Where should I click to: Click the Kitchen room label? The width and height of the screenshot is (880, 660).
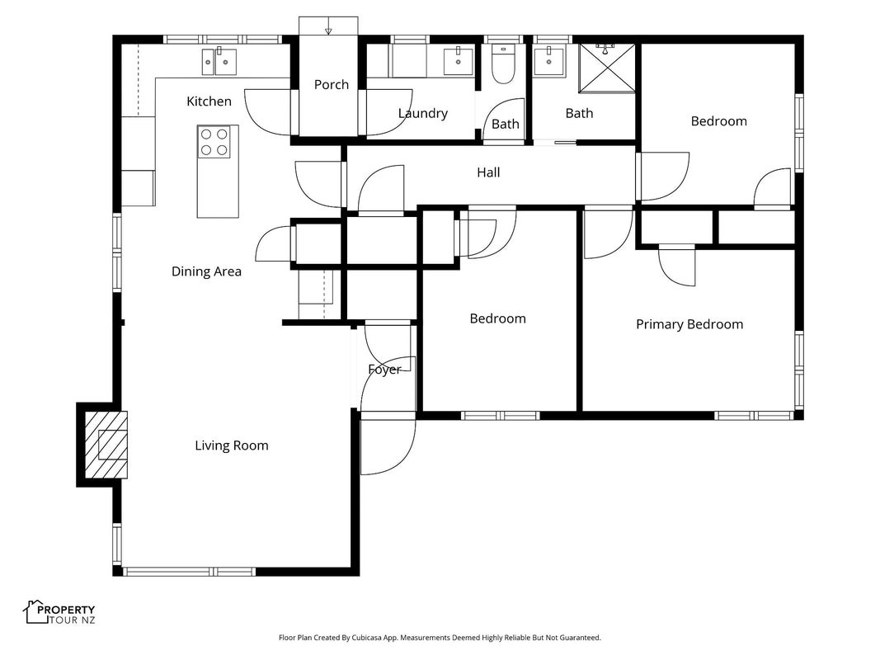tap(209, 101)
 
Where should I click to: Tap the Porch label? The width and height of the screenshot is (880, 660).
tap(331, 84)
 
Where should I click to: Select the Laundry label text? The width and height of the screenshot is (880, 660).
tap(422, 113)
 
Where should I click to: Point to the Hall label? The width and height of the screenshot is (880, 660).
tap(488, 172)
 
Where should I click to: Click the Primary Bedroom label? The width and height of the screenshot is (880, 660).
tap(689, 324)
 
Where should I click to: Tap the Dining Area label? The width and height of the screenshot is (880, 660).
tap(206, 271)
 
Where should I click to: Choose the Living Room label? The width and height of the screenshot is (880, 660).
tap(231, 445)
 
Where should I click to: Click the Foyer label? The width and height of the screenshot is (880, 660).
tap(384, 370)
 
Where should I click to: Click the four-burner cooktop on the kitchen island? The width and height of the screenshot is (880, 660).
tap(214, 141)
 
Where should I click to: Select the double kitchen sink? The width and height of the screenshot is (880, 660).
tap(219, 61)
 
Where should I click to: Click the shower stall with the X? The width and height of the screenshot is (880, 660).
tap(607, 68)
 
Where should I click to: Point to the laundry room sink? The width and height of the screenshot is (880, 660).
tap(458, 61)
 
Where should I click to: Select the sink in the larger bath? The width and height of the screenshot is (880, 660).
tap(548, 61)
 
